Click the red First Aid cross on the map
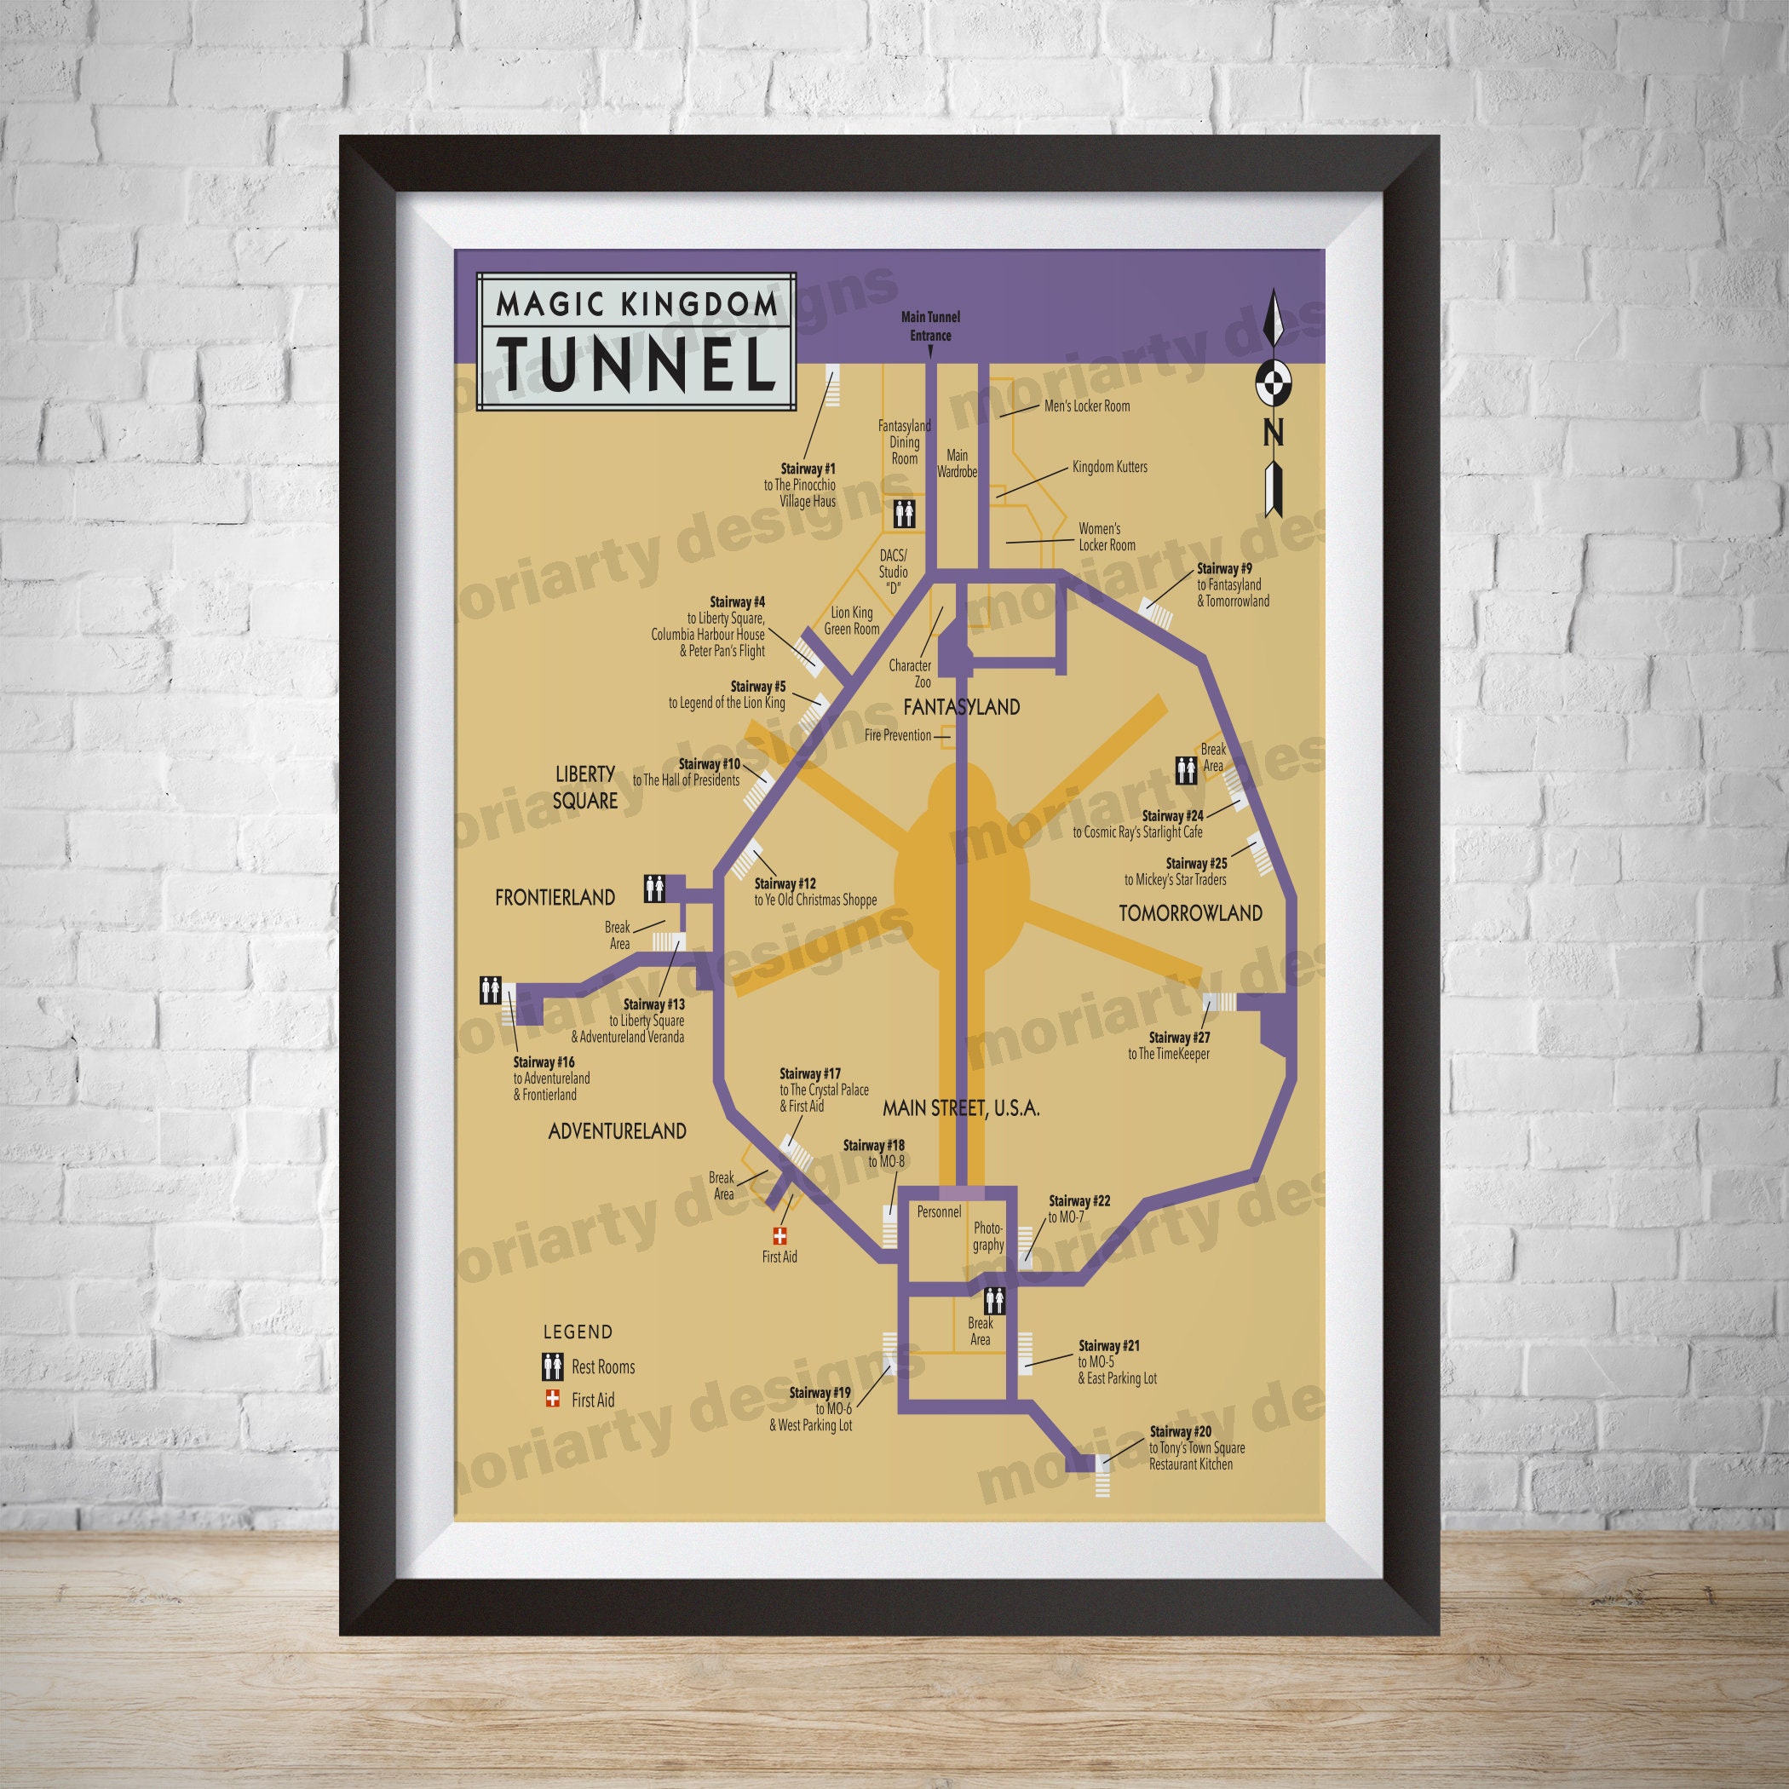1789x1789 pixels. pyautogui.click(x=779, y=1235)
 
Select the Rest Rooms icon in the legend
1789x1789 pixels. pyautogui.click(x=554, y=1366)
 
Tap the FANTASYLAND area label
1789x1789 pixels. pyautogui.click(x=961, y=707)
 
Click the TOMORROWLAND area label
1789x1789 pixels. pyautogui.click(x=1190, y=913)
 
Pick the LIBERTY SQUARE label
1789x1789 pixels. pyautogui.click(x=585, y=786)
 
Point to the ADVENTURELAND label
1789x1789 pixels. pyautogui.click(x=618, y=1130)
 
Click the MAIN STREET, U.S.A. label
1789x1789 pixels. pyautogui.click(x=961, y=1107)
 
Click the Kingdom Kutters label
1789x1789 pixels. pyautogui.click(x=1109, y=467)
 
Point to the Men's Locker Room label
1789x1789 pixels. pyautogui.click(x=1086, y=406)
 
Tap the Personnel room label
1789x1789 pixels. pyautogui.click(x=939, y=1211)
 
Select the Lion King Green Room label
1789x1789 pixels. pyautogui.click(x=852, y=620)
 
